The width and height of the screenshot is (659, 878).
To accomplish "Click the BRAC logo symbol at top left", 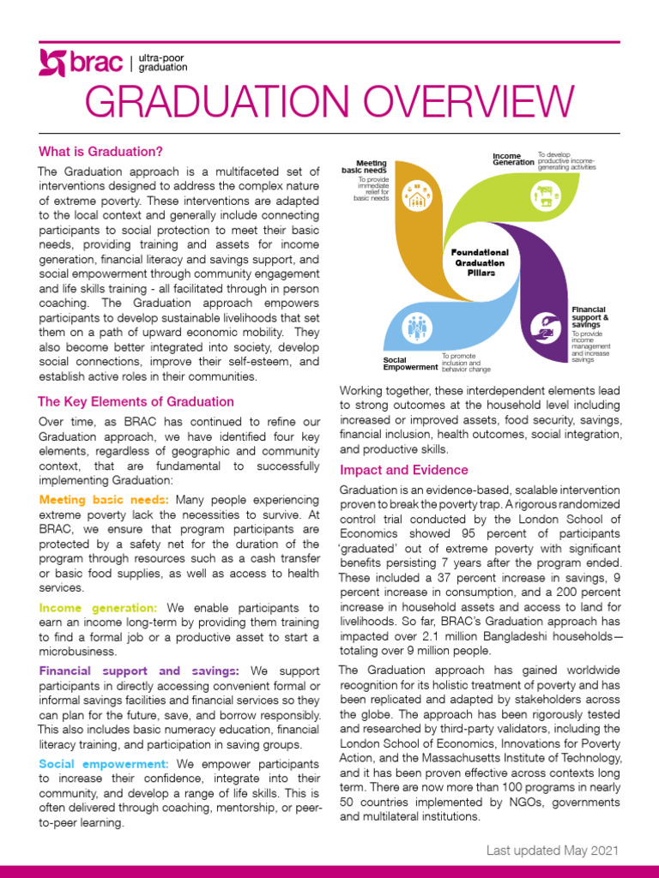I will click(53, 63).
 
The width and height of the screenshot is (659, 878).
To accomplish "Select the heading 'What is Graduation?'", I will click(100, 152).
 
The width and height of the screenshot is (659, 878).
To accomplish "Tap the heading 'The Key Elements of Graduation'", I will click(136, 401).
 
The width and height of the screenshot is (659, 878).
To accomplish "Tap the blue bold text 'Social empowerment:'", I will click(103, 762).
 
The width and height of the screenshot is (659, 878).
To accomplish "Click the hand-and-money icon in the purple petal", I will click(543, 326).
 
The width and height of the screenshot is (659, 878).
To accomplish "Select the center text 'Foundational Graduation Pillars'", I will click(480, 262).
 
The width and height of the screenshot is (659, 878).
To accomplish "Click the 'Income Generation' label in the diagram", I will click(513, 159).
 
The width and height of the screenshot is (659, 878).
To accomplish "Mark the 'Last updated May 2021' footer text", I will click(551, 850).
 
